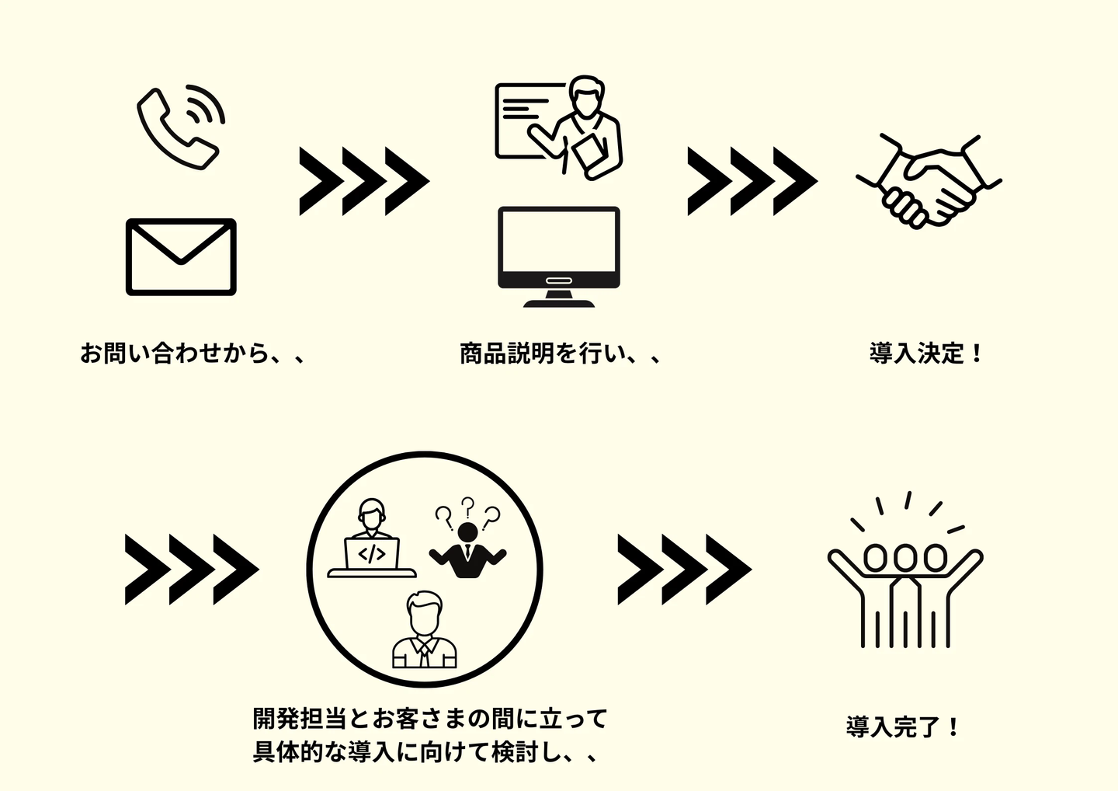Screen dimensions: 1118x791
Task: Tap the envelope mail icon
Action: pyautogui.click(x=181, y=256)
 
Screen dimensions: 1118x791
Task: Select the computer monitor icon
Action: pyautogui.click(x=558, y=256)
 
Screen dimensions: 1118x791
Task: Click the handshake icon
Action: pyautogui.click(x=929, y=182)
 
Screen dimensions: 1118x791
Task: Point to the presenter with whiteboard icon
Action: pyautogui.click(x=558, y=128)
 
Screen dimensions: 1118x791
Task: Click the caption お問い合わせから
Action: pyautogui.click(x=174, y=354)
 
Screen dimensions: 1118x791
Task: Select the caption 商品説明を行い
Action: pyautogui.click(x=543, y=354)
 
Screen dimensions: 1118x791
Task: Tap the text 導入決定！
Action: pyautogui.click(x=925, y=354)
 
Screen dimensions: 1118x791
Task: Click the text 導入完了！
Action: pyautogui.click(x=902, y=727)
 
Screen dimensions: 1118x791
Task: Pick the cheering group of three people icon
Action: pyautogui.click(x=905, y=570)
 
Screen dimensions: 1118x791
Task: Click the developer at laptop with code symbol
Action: pyautogui.click(x=372, y=538)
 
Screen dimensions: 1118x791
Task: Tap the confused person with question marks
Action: pyautogui.click(x=467, y=538)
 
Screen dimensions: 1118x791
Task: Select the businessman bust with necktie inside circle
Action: pyautogui.click(x=424, y=630)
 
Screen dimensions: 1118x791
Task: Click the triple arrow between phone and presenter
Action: pyautogui.click(x=364, y=181)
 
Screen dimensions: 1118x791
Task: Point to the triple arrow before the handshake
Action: pyautogui.click(x=752, y=181)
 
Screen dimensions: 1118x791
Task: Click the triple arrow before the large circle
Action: pyautogui.click(x=192, y=570)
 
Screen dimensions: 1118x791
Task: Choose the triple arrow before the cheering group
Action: pyautogui.click(x=685, y=570)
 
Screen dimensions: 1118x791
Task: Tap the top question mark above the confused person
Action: pyautogui.click(x=467, y=507)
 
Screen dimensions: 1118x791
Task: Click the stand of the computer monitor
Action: pyautogui.click(x=558, y=298)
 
